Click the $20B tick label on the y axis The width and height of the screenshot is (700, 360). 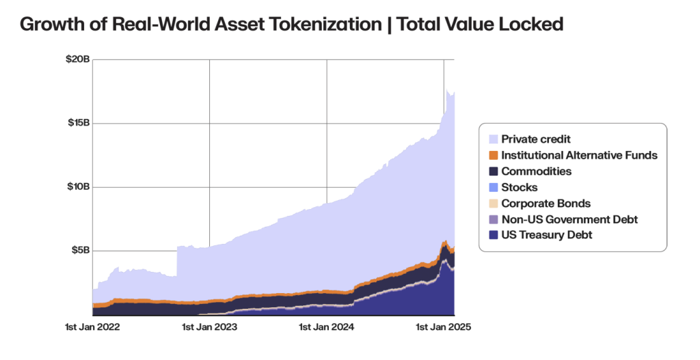[77, 59]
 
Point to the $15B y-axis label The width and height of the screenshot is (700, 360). [77, 123]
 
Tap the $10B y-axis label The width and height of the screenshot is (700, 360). [77, 186]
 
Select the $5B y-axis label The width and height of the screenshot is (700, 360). [79, 250]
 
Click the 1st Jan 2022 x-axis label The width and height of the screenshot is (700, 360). [92, 327]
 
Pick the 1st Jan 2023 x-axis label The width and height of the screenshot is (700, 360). [209, 327]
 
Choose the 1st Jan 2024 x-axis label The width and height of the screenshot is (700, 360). [327, 327]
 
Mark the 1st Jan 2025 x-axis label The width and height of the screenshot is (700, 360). [444, 327]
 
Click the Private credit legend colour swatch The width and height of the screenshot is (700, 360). [492, 139]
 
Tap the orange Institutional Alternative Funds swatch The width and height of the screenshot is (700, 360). [492, 155]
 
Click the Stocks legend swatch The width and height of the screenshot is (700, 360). [492, 187]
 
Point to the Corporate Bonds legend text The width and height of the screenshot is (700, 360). [546, 204]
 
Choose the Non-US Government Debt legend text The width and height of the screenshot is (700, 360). [569, 219]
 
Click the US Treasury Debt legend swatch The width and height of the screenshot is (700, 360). [492, 235]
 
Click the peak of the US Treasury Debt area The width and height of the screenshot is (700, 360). [445, 260]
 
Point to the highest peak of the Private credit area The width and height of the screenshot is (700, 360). [447, 90]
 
